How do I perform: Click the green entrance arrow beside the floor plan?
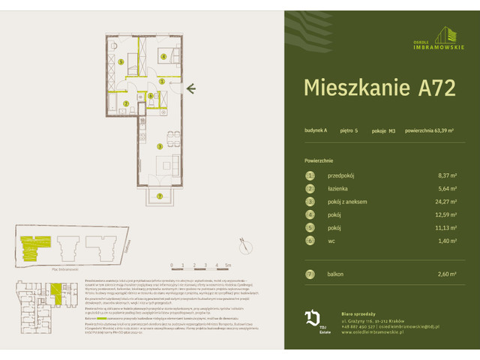click(x=192, y=90)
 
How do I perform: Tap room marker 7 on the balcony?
click(x=159, y=196)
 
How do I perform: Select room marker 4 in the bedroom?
click(x=163, y=56)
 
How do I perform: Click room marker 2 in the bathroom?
click(x=126, y=103)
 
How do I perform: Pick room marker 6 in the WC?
click(x=150, y=95)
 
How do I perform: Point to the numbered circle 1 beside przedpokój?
click(x=308, y=175)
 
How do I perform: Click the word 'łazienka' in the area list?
click(x=340, y=188)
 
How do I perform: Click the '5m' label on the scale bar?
click(x=228, y=265)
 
